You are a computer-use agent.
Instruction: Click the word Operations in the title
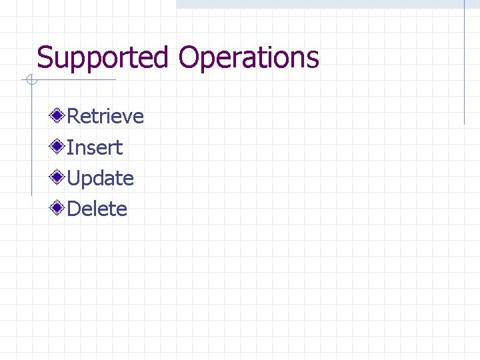coord(248,58)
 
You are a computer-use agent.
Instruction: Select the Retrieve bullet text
coord(105,117)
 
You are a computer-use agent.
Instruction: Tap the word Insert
coord(95,147)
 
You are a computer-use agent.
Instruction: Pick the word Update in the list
coord(100,179)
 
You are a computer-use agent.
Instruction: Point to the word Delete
coord(97,209)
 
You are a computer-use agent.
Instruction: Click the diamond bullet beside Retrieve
coord(59,116)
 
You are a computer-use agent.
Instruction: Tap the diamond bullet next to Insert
coord(59,147)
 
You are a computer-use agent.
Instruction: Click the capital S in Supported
coord(45,58)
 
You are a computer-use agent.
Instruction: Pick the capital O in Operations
coord(188,58)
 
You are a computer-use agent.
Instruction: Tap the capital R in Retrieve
coord(74,117)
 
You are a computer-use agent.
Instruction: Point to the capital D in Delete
coord(75,209)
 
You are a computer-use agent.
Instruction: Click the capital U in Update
coord(74,179)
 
